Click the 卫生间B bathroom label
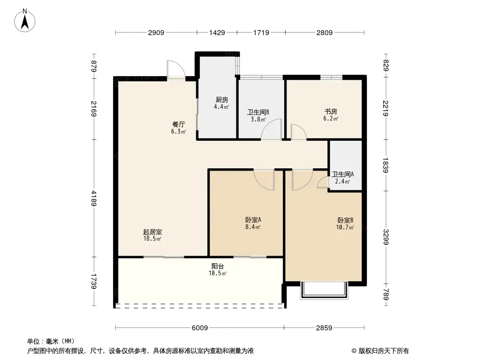click(258, 113)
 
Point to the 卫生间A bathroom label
click(343, 175)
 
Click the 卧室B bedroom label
click(345, 220)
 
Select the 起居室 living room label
click(152, 232)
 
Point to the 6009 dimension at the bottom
click(199, 328)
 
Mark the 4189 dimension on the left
click(94, 198)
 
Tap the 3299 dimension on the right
click(386, 236)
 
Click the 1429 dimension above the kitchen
click(217, 32)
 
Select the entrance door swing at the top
click(176, 70)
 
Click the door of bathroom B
click(272, 130)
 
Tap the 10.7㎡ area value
click(345, 227)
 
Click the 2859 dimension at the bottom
click(324, 328)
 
